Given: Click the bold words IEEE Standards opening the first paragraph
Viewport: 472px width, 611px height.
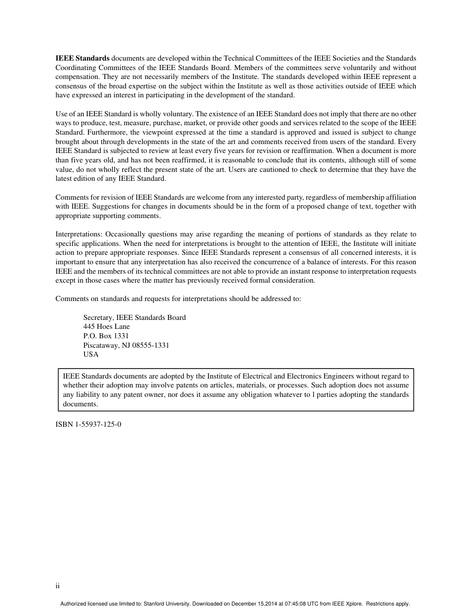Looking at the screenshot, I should tap(82, 59).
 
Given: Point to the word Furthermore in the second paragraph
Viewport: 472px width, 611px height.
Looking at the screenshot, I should tap(105, 132).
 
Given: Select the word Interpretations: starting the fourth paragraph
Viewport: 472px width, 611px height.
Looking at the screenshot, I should tap(79, 234).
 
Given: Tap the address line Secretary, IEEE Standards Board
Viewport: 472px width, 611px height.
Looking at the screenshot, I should tap(135, 317).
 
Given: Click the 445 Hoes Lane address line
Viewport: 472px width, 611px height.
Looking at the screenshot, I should tap(106, 326).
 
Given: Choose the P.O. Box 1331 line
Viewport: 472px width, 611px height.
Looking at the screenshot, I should tap(106, 336).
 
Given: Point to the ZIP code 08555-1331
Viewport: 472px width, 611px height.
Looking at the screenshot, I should tap(149, 345).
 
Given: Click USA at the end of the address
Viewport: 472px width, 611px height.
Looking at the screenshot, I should tap(91, 354).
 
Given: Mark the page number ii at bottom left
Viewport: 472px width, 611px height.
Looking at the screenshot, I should tap(58, 586).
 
